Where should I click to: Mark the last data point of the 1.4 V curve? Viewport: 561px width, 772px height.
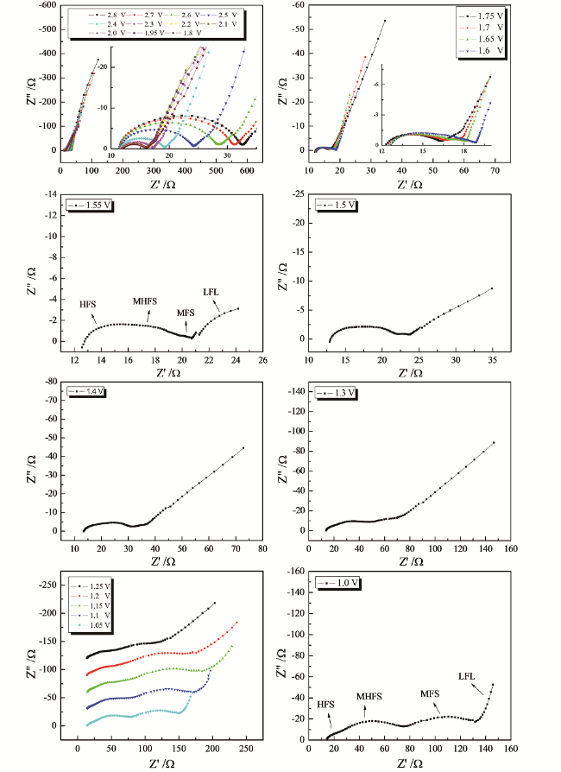point(244,448)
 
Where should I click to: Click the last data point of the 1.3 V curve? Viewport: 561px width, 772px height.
point(494,442)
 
